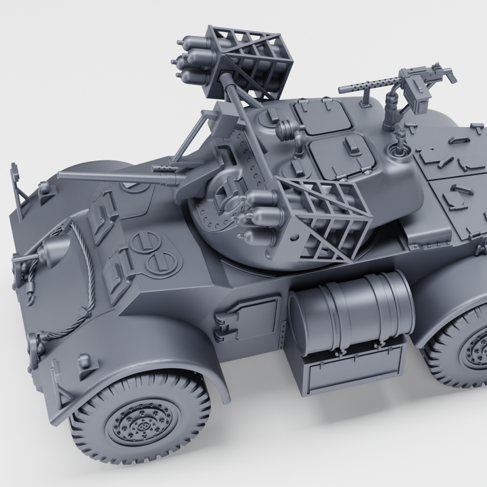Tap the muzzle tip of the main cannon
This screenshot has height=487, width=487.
(61, 177)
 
